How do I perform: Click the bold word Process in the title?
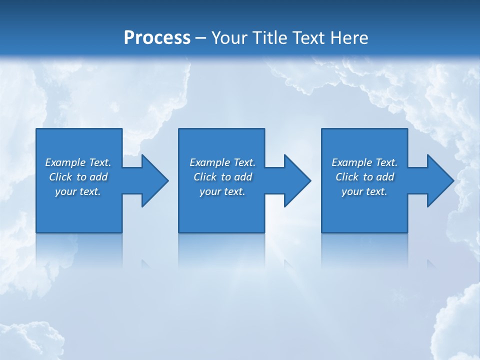pyautogui.click(x=157, y=38)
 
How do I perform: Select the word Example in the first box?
pyautogui.click(x=65, y=162)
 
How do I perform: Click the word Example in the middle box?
pyautogui.click(x=210, y=162)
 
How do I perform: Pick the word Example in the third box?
pyautogui.click(x=352, y=162)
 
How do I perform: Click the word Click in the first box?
pyautogui.click(x=61, y=177)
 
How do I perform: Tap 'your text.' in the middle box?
pyautogui.click(x=222, y=191)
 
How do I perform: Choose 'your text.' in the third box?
pyautogui.click(x=364, y=191)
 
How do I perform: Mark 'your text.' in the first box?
pyautogui.click(x=77, y=191)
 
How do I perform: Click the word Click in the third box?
pyautogui.click(x=347, y=177)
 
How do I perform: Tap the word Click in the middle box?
pyautogui.click(x=205, y=177)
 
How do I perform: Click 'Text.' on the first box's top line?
pyautogui.click(x=100, y=162)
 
